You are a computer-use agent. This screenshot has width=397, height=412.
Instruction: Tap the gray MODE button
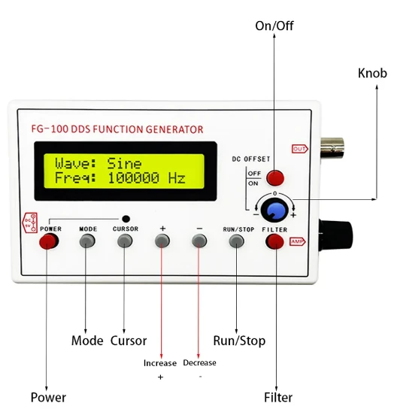(x=87, y=241)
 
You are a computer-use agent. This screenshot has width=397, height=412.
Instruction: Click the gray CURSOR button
(x=125, y=241)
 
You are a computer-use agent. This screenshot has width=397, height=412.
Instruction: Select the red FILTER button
(x=275, y=241)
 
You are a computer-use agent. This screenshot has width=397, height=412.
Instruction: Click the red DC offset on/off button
(x=275, y=177)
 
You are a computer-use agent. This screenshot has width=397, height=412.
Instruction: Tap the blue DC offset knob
(x=274, y=210)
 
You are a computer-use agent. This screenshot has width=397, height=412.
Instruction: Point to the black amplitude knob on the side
(x=335, y=236)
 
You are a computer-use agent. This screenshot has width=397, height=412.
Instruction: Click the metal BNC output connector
(x=332, y=148)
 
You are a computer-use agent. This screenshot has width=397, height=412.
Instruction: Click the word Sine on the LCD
(x=124, y=164)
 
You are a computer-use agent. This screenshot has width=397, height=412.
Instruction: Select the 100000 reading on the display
(x=134, y=178)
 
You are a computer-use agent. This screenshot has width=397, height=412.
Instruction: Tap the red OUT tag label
(x=300, y=149)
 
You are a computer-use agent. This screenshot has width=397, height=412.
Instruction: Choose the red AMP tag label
(x=298, y=241)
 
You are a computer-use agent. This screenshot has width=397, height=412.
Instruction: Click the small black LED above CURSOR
(x=126, y=219)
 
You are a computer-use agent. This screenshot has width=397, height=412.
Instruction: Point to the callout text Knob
(x=372, y=73)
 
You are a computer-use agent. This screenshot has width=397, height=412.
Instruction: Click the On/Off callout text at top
(x=274, y=26)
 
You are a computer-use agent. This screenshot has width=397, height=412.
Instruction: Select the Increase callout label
(x=160, y=363)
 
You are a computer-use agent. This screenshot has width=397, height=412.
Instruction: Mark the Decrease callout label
(x=200, y=363)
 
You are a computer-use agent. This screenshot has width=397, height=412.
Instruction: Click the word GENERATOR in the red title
(x=174, y=129)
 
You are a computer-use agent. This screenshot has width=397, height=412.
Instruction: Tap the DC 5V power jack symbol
(x=29, y=223)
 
